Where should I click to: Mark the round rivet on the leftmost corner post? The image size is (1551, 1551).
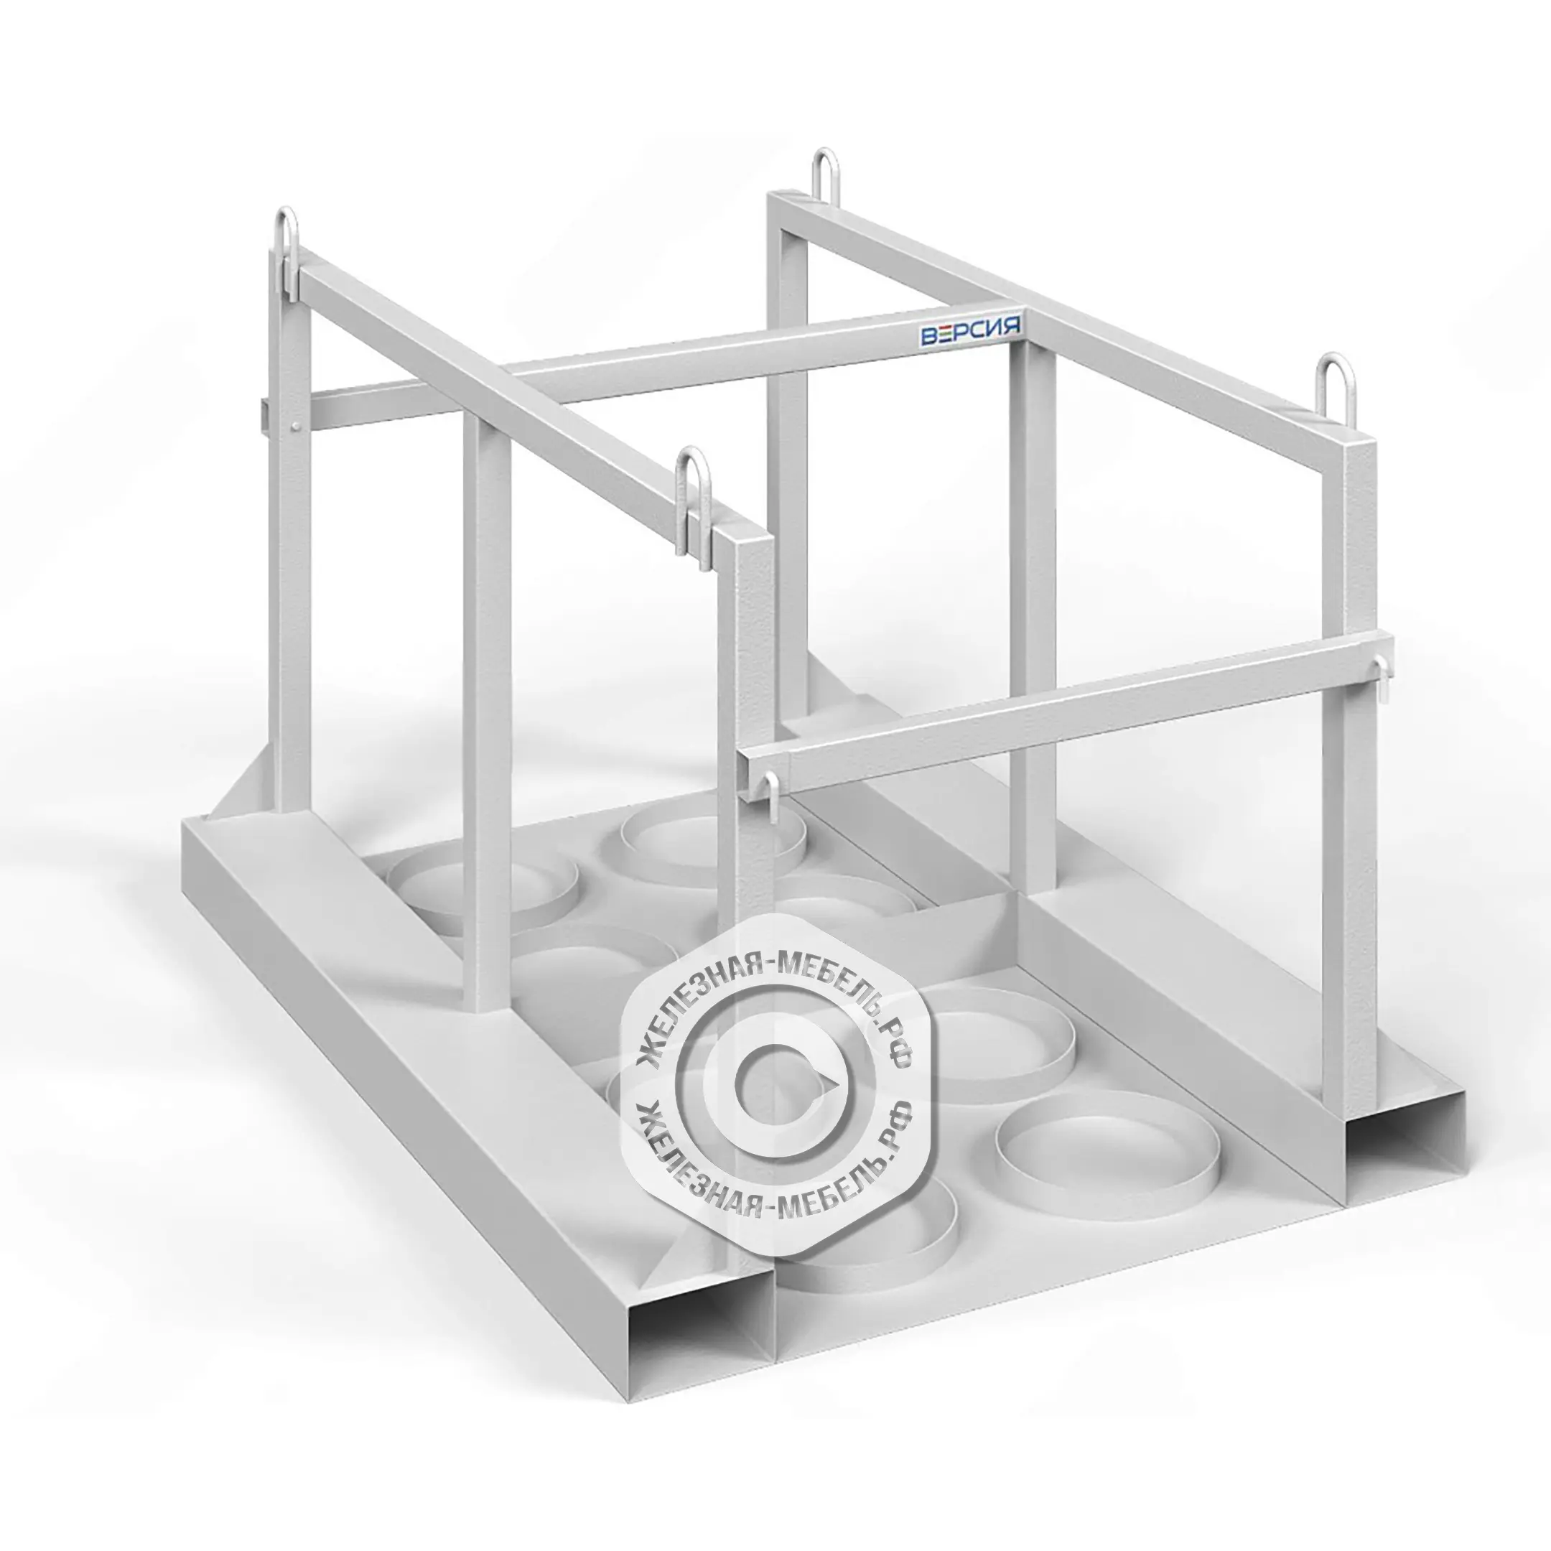(x=298, y=426)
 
